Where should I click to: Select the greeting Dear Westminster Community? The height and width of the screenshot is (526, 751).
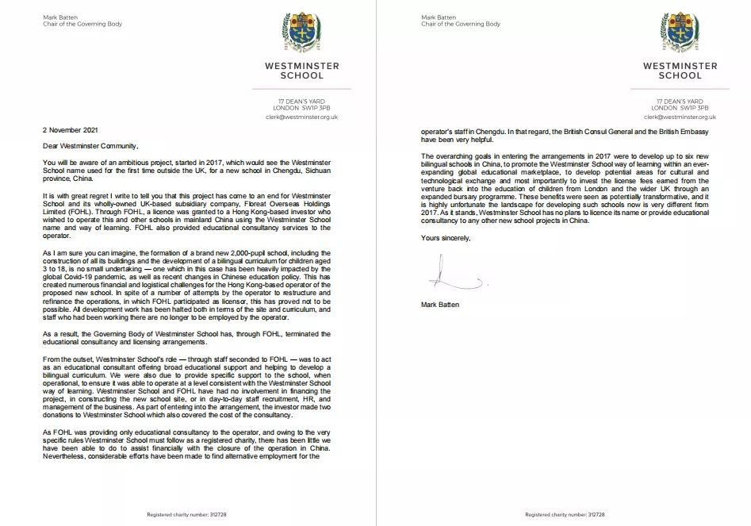[x=91, y=145]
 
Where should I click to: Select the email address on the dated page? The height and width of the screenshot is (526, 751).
[x=301, y=117]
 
